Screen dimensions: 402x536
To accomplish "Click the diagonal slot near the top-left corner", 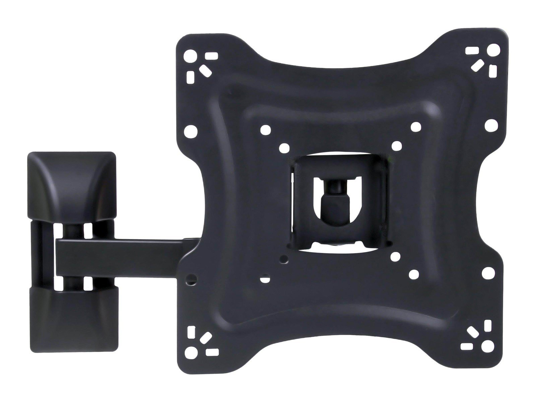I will [x=204, y=69].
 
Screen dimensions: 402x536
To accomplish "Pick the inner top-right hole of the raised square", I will [x=415, y=127].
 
